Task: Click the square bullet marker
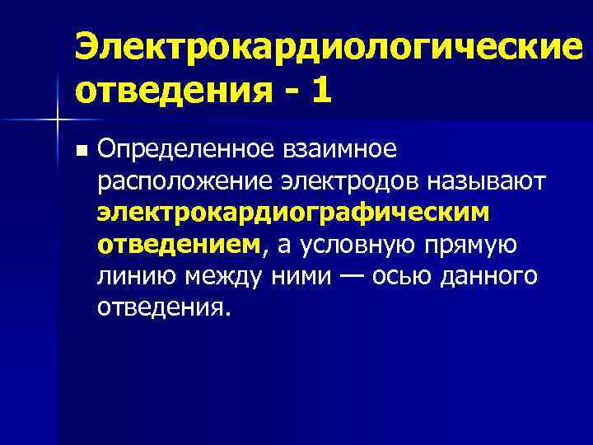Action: pyautogui.click(x=79, y=151)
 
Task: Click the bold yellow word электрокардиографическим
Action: pyautogui.click(x=292, y=213)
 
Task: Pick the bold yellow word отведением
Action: pyautogui.click(x=178, y=244)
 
